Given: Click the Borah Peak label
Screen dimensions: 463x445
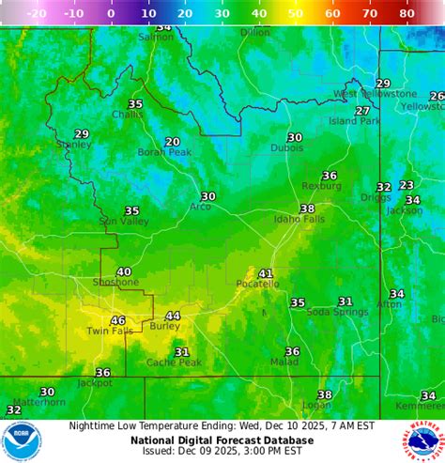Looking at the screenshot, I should coord(164,152).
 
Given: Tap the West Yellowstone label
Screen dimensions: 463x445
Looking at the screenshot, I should coord(376,94).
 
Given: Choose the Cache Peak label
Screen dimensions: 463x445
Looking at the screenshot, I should coord(174,363).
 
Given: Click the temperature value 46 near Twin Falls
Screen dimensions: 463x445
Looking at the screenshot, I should coord(118,320).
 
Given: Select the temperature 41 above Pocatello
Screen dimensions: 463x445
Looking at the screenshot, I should coord(266,273).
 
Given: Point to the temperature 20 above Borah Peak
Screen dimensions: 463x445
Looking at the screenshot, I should coord(173,142).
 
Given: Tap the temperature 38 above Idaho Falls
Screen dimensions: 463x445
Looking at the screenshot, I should coord(307,208).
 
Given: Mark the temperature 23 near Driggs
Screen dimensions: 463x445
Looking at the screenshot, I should coord(407,185).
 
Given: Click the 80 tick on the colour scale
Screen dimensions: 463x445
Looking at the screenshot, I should coord(407,14).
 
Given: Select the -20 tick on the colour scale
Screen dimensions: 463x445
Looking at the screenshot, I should coord(37,14).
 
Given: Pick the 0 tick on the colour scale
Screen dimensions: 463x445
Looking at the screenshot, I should coord(111,14).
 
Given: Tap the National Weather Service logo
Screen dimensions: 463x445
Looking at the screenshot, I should coord(425,440).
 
